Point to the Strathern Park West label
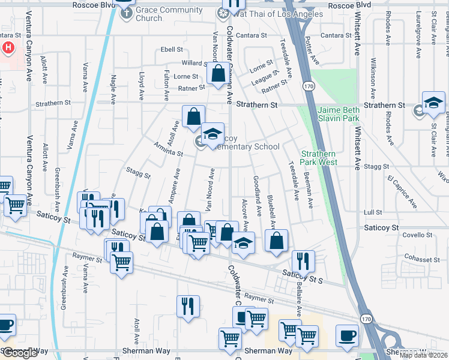pyautogui.click(x=319, y=158)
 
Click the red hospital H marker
pyautogui.click(x=9, y=47)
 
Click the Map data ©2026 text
pyautogui.click(x=423, y=355)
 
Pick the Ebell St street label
pyautogui.click(x=171, y=50)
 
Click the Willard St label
pyautogui.click(x=195, y=63)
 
